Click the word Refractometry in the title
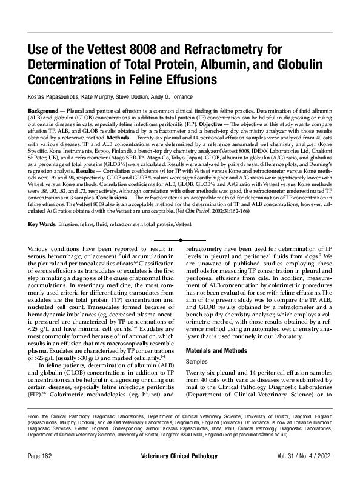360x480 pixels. pos(218,49)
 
